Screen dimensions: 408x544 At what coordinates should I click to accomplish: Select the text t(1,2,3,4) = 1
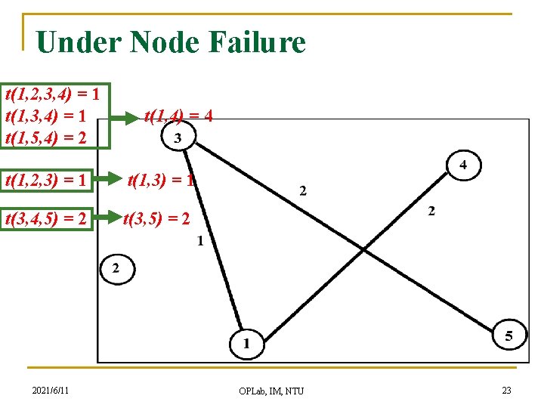(53, 94)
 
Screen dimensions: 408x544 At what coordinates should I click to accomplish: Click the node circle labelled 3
(178, 138)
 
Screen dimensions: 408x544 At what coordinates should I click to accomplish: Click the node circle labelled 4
(463, 165)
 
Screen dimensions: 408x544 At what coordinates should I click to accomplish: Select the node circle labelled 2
(116, 268)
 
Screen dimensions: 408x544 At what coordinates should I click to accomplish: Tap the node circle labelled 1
(247, 344)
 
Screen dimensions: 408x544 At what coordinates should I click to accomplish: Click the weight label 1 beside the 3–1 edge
(199, 241)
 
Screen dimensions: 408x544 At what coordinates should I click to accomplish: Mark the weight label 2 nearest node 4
(431, 212)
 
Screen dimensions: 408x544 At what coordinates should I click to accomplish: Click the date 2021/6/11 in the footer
(51, 390)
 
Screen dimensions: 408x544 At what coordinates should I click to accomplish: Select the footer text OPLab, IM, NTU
(271, 391)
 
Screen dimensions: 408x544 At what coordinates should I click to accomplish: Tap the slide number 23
(505, 390)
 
